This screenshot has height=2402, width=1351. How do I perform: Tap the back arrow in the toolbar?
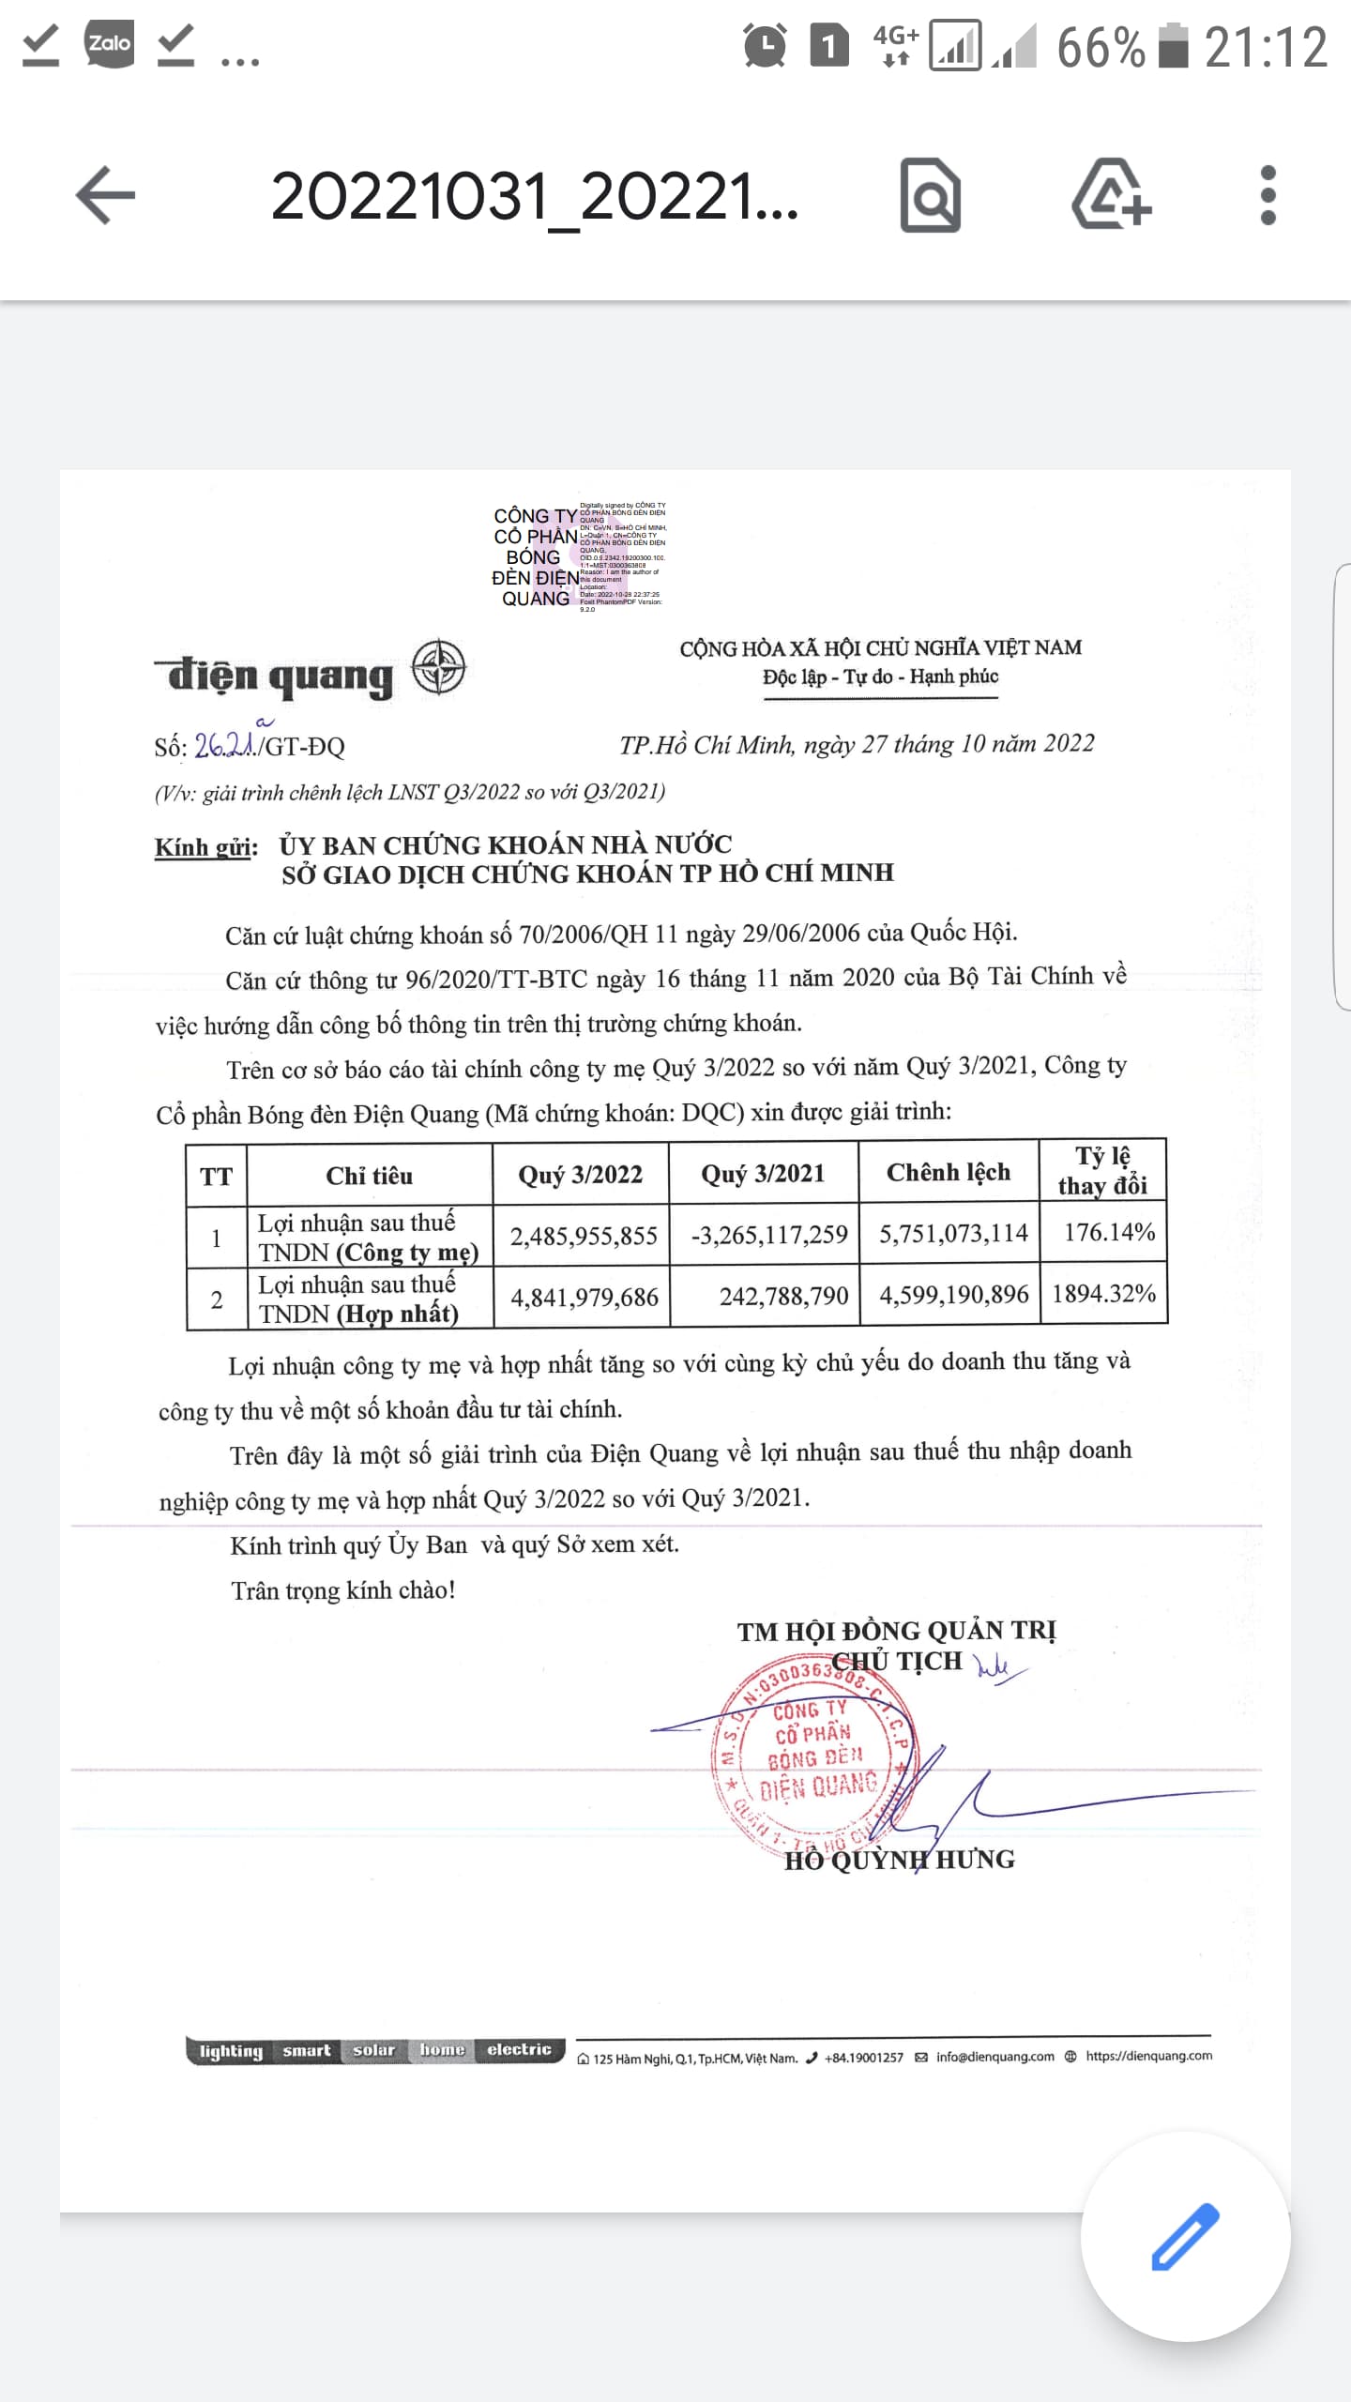click(105, 195)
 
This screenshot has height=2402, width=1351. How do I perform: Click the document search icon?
click(930, 195)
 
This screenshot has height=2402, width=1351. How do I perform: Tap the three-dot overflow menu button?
click(1268, 195)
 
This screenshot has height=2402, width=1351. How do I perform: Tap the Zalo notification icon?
click(109, 44)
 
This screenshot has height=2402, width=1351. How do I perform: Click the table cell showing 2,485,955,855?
click(584, 1236)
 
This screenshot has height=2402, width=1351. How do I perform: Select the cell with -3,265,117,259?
click(768, 1235)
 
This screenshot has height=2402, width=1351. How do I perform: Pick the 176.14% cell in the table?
click(1108, 1232)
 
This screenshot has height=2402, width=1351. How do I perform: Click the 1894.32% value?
click(1103, 1294)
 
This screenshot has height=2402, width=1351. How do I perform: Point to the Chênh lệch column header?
click(948, 1172)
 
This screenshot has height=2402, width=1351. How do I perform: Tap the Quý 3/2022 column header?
click(580, 1174)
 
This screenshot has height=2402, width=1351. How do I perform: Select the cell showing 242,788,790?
click(782, 1296)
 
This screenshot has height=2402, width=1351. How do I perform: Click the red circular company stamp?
click(813, 1752)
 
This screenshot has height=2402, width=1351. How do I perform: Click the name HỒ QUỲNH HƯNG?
click(899, 1860)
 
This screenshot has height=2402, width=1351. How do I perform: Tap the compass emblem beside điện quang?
click(438, 667)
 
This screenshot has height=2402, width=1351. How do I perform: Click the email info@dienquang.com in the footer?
click(994, 2057)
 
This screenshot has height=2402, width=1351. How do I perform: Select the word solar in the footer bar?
click(373, 2050)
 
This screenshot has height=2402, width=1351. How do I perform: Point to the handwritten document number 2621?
click(225, 744)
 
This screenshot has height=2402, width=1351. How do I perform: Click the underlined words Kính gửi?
click(205, 847)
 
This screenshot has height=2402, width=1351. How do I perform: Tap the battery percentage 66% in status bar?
click(1100, 47)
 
